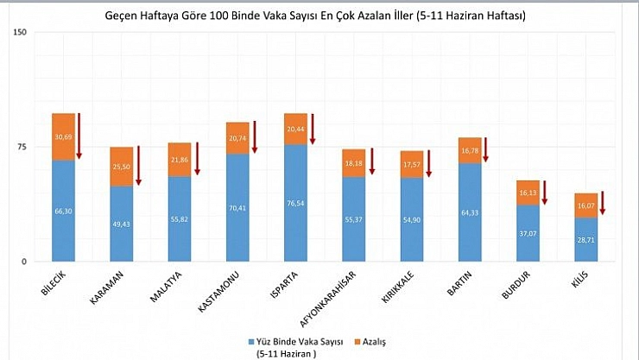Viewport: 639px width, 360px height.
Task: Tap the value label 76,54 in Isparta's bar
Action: point(295,205)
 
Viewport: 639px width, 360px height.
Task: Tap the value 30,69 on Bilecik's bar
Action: point(63,137)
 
